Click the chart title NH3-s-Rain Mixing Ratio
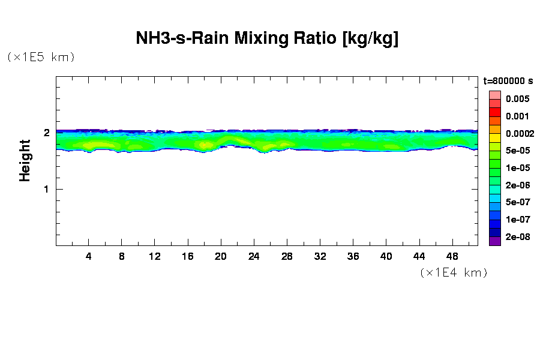pos(267,40)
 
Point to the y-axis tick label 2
pos(46,133)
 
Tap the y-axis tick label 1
pos(46,189)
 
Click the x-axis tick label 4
pos(89,256)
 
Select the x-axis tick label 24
pos(254,256)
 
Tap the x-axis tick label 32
pos(320,256)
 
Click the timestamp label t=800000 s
pos(508,80)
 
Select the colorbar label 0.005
pos(517,99)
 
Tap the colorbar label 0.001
pos(517,116)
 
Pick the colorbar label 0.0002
pos(520,133)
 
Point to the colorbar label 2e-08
pos(517,237)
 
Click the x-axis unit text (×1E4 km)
pos(454,273)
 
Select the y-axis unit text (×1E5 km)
pos(41,57)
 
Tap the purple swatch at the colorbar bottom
pos(494,241)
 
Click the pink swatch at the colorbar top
pos(494,95)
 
